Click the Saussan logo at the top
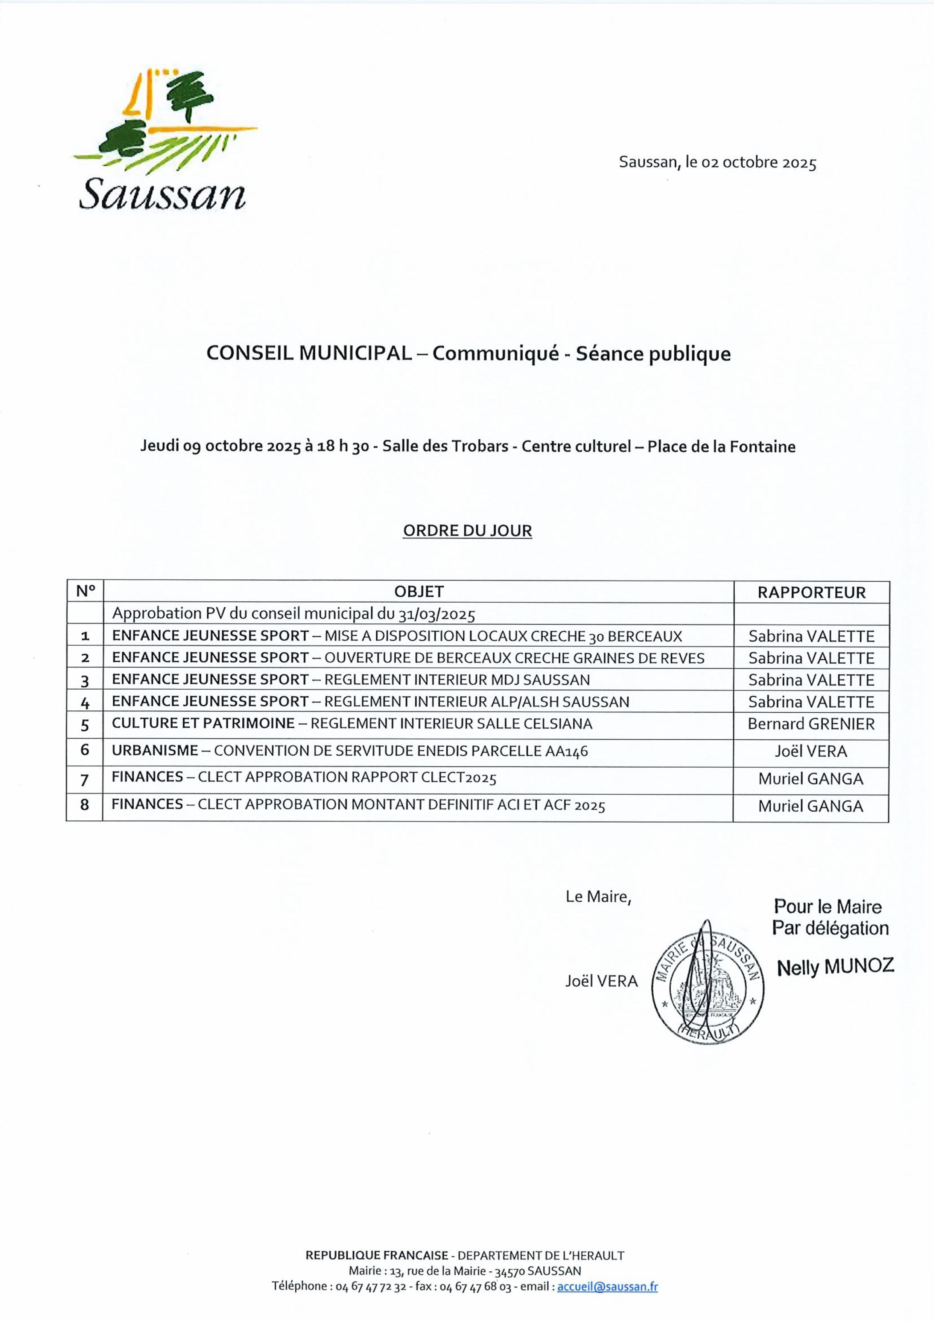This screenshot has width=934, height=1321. (x=164, y=141)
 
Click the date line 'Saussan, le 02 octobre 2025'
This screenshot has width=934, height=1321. (x=717, y=163)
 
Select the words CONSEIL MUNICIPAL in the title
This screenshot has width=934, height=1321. (x=309, y=353)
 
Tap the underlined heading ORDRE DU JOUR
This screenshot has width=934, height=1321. (x=467, y=530)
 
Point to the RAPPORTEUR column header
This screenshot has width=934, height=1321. (x=811, y=593)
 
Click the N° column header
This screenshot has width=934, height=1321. (x=85, y=591)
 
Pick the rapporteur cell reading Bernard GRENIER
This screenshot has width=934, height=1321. (x=811, y=724)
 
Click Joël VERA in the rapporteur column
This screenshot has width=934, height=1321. (x=811, y=751)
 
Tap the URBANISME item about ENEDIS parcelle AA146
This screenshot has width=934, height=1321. (x=350, y=751)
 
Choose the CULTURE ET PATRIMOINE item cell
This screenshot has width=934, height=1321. (x=352, y=724)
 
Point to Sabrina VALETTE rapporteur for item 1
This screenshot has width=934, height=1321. (x=811, y=636)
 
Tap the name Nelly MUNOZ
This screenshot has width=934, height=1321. (x=835, y=967)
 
